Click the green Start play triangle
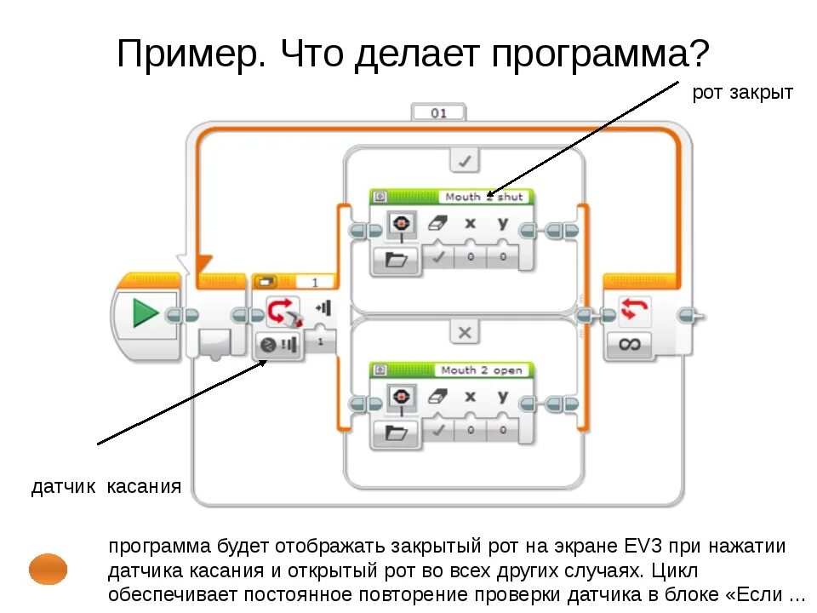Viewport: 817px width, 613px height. (146, 314)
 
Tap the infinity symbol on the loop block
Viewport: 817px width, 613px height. (629, 344)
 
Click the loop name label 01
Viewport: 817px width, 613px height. (438, 112)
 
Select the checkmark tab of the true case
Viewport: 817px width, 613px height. (464, 160)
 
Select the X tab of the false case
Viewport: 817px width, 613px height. (464, 332)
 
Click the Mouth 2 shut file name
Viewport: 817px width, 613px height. (483, 197)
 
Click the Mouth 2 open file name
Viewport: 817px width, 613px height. (483, 370)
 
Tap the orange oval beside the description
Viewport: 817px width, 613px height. (48, 568)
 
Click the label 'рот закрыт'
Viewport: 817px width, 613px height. (742, 92)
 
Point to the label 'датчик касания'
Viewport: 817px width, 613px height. (106, 487)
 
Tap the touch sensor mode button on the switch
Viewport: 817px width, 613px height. (278, 345)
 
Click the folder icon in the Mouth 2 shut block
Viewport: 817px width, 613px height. (397, 260)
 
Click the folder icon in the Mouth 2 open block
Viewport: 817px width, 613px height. (397, 432)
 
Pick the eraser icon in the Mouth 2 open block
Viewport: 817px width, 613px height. (437, 396)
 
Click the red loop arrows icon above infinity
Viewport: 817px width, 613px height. (629, 310)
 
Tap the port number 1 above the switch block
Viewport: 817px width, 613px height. (314, 282)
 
